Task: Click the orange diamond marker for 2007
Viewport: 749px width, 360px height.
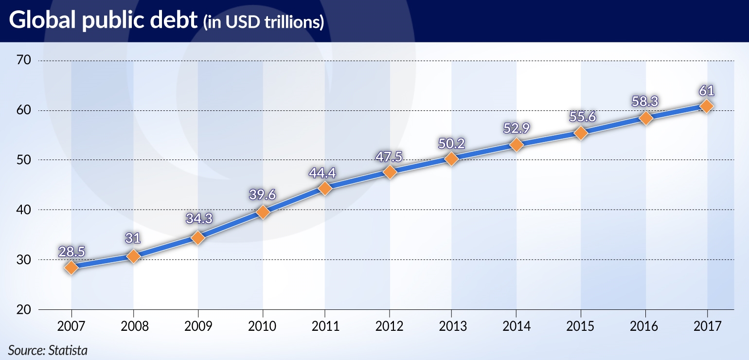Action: coord(71,268)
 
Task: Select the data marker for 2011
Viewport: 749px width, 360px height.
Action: coord(325,188)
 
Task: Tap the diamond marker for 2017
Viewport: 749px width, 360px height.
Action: coord(707,106)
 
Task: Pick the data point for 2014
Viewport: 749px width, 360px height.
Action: coord(517,144)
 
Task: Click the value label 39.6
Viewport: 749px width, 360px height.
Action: coord(263,195)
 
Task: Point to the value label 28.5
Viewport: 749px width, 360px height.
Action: coord(71,252)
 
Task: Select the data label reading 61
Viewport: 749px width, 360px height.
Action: coord(707,90)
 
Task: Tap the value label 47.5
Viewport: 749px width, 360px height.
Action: coord(390,157)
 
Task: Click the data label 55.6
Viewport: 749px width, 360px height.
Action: coord(581,117)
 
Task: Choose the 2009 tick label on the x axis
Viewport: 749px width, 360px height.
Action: coord(198,326)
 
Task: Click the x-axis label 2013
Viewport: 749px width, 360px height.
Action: coord(452,326)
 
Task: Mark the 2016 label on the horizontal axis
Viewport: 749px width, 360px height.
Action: coord(645,326)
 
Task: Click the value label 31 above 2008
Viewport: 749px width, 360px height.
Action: coord(133,238)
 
